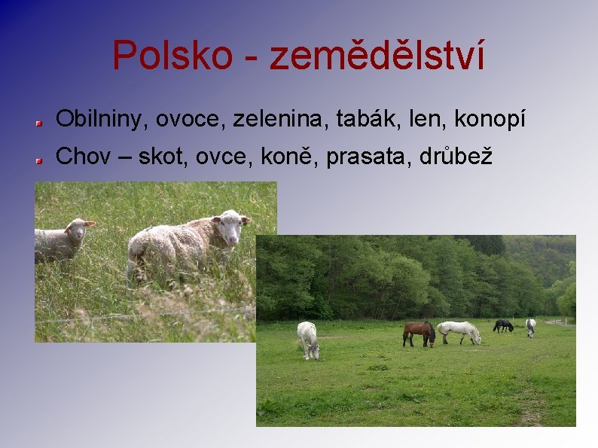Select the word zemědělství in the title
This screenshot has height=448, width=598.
pos(377,56)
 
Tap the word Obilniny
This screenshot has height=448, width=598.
pos(99,119)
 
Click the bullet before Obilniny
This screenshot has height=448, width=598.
pos(37,120)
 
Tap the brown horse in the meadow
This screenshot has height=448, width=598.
pos(419,333)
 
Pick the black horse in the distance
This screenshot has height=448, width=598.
pos(503,325)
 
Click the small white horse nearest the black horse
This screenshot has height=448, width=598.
pos(530,326)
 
